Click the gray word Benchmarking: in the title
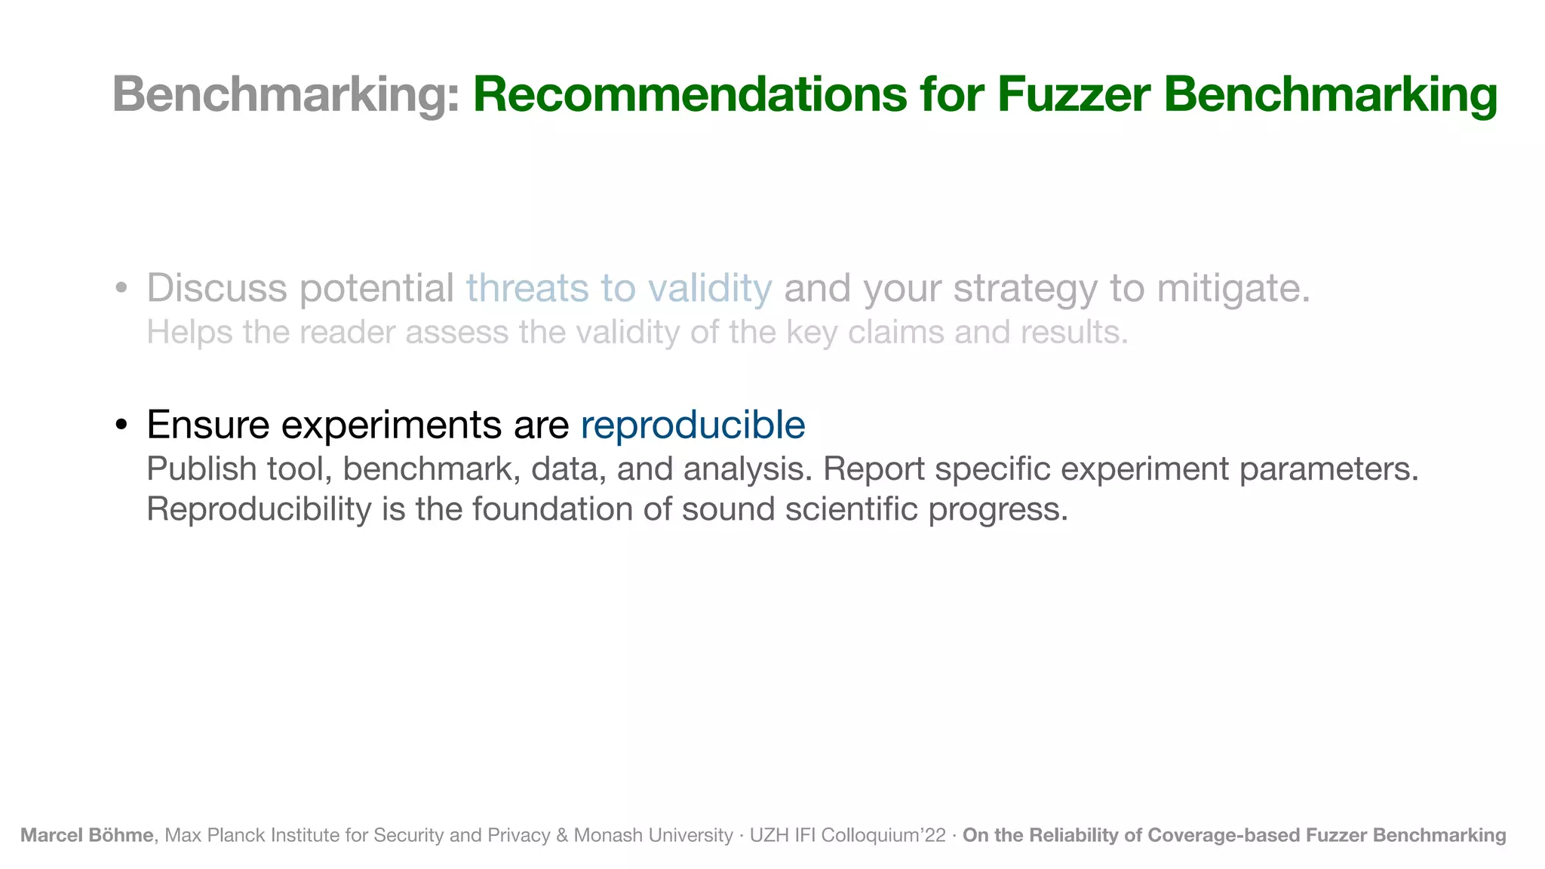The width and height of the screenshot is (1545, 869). (285, 95)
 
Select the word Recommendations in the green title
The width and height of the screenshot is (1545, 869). (690, 95)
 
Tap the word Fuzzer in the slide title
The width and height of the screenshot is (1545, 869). (1074, 95)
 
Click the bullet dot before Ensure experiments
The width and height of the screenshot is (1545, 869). (121, 425)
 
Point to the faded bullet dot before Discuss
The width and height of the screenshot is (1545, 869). (121, 289)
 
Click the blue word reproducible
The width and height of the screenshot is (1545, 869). (693, 425)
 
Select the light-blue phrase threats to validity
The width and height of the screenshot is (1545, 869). (619, 288)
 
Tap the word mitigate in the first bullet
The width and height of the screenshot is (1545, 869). (1233, 288)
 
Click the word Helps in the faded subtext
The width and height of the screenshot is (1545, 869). (189, 333)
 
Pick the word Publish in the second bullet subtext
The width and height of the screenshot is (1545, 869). (201, 469)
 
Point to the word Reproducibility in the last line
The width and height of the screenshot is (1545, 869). (259, 509)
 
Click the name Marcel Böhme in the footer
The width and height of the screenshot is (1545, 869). (87, 835)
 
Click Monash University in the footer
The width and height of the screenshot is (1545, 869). (653, 835)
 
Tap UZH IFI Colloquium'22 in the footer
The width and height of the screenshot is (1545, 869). (847, 835)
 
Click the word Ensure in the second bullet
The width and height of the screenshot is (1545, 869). (207, 425)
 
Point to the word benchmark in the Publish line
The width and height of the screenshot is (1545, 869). (432, 469)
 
